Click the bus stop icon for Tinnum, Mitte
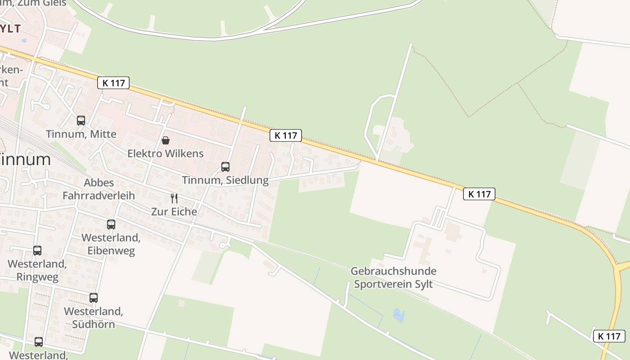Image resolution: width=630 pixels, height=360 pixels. [x=81, y=121]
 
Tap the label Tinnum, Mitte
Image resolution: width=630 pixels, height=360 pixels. [x=81, y=134]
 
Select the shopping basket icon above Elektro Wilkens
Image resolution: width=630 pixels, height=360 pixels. [x=166, y=140]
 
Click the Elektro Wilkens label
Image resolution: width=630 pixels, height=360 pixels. [x=166, y=153]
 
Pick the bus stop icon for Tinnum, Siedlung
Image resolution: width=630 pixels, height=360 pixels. [x=225, y=167]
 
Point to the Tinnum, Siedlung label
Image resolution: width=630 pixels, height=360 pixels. [x=225, y=180]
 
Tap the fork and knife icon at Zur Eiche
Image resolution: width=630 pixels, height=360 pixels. [x=174, y=198]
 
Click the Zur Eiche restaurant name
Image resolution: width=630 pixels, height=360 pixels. [x=174, y=211]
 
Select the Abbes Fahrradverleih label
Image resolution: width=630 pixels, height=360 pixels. [x=99, y=189]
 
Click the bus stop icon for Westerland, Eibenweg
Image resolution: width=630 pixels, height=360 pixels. [x=111, y=224]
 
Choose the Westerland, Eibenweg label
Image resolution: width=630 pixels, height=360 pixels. [x=111, y=244]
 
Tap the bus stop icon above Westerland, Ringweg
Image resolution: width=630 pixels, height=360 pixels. [x=37, y=251]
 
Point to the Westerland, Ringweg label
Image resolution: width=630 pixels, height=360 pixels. [x=37, y=270]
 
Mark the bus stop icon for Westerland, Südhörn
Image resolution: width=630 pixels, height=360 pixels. [x=94, y=298]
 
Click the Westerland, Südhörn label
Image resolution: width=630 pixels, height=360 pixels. [x=94, y=318]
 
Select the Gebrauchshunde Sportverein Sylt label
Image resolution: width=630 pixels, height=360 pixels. [x=393, y=278]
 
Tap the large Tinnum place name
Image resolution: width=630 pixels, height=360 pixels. [x=25, y=159]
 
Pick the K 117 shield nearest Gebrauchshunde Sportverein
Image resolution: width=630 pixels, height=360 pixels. [x=479, y=194]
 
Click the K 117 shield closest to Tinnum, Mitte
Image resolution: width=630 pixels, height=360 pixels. [x=113, y=83]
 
